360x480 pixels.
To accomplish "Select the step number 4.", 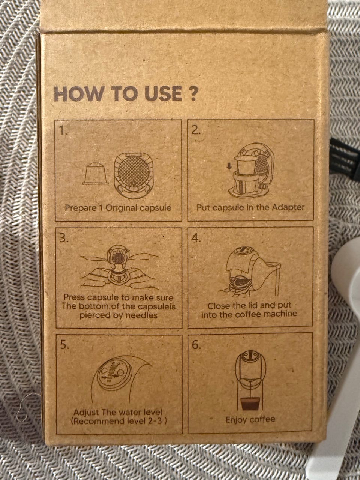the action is point(196,238).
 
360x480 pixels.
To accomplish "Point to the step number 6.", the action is point(196,345).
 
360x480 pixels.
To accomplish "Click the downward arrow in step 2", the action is point(229,166).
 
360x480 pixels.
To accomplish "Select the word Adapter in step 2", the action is point(288,207).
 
